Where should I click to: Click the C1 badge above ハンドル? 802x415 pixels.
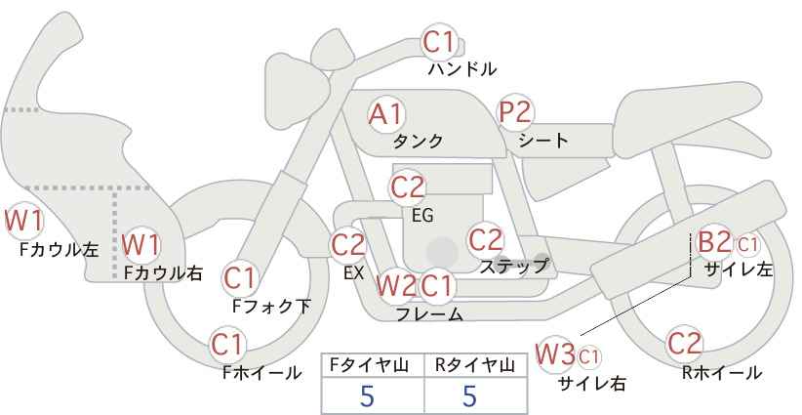[438, 42]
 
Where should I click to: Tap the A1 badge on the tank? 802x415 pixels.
[384, 114]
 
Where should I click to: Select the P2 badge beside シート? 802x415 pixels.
[515, 112]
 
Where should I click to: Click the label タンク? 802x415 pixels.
[418, 142]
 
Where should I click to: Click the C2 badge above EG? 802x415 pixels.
[408, 186]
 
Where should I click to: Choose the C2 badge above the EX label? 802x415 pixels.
[348, 244]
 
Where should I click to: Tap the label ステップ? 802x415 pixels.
[513, 265]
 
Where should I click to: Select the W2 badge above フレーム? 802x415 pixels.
[395, 285]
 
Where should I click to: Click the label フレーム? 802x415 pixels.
[429, 314]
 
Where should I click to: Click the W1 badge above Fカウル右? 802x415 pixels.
[141, 242]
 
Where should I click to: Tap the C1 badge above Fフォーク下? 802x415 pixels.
[239, 278]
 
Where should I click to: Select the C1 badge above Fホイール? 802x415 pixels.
[228, 344]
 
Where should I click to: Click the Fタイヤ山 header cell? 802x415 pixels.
[373, 365]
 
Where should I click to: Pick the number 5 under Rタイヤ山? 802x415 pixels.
[470, 396]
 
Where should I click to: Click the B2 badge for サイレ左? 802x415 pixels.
[713, 242]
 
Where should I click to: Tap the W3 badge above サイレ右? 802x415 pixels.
[556, 353]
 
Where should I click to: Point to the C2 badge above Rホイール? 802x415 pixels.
[684, 343]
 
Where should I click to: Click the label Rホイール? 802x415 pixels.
[722, 373]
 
